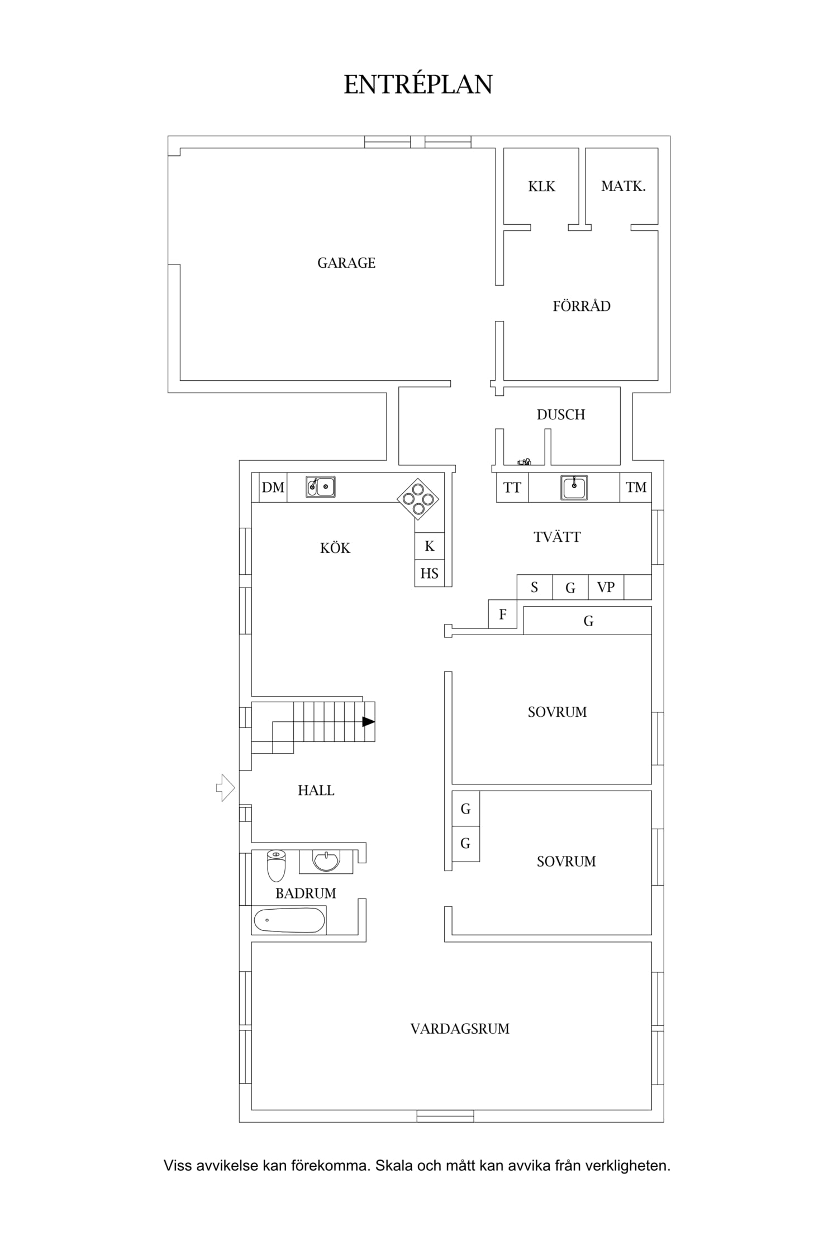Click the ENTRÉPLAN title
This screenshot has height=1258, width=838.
point(418,84)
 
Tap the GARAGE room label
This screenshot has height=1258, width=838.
point(346,263)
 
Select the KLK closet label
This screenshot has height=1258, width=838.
point(542,186)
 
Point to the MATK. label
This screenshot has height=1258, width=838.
point(623,186)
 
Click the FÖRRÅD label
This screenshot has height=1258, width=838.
point(582,305)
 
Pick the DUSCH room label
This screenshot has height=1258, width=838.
point(561,414)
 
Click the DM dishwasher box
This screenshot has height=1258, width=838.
point(273,487)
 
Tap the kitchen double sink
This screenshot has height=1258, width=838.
point(321,487)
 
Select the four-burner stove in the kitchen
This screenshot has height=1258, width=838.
point(418,499)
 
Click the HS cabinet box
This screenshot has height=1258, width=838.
point(430,573)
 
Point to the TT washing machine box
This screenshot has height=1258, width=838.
point(512,487)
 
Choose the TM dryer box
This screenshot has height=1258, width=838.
point(636,487)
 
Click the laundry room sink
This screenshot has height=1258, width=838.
point(574,487)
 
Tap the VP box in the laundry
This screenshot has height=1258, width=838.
point(606,587)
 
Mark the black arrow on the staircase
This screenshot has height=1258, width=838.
point(369,722)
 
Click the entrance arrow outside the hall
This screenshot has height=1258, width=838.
point(226,788)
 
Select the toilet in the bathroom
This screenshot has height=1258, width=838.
point(277,866)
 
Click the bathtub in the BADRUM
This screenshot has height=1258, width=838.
point(289,920)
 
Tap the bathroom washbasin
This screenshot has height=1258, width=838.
point(326,861)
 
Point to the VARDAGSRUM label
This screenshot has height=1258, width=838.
point(460,1029)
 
